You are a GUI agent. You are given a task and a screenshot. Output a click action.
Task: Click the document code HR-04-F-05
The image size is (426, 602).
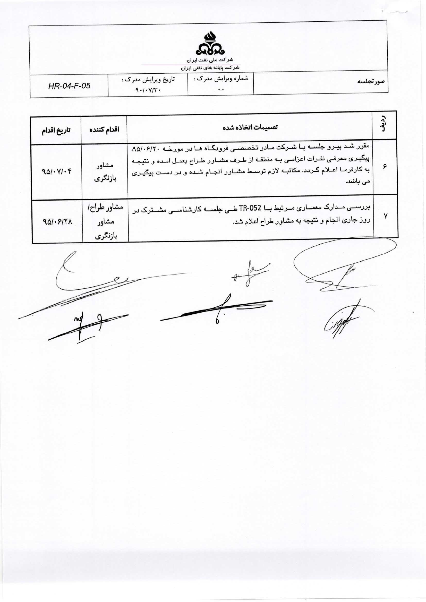tap(69, 86)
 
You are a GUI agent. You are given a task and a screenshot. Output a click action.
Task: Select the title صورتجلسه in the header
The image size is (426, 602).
tap(371, 81)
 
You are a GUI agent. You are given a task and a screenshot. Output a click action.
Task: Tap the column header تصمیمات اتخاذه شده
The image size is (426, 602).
tap(250, 127)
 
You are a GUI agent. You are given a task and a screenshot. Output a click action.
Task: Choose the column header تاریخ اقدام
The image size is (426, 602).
tap(56, 130)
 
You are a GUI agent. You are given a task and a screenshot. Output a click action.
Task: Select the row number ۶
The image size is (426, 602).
tap(385, 167)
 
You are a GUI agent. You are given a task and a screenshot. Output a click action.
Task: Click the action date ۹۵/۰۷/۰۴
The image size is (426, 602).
tap(57, 171)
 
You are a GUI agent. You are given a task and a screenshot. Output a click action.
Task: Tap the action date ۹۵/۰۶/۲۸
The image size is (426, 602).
tap(57, 222)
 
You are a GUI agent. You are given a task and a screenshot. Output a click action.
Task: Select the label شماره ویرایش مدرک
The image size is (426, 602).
tap(221, 79)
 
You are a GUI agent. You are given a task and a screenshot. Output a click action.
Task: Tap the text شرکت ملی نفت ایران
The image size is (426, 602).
tap(210, 60)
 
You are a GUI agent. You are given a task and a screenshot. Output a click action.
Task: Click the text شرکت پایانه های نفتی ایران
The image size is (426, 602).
tap(210, 68)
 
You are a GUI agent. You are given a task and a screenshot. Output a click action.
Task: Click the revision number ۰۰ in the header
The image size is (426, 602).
tap(221, 89)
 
